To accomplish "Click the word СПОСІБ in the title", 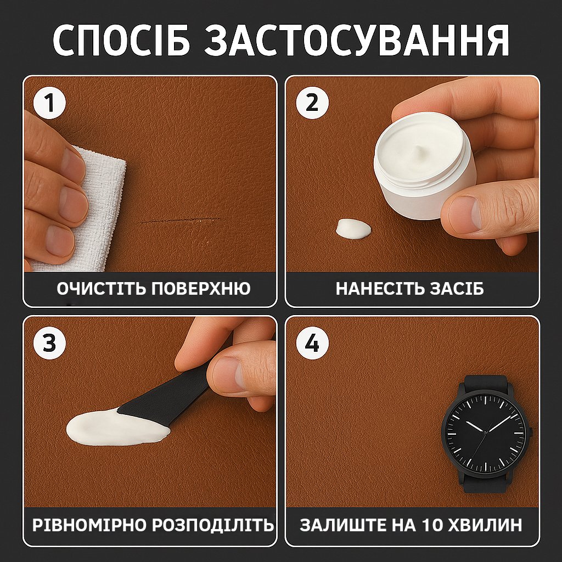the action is [x=121, y=40].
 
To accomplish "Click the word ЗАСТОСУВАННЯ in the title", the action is [x=357, y=40].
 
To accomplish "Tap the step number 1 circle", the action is [x=50, y=103].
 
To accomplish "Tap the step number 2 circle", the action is [x=312, y=103].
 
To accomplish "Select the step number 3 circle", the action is [x=50, y=343].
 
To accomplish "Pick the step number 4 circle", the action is [x=312, y=343].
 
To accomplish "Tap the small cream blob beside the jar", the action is [x=353, y=228].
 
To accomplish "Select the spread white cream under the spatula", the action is [x=115, y=428].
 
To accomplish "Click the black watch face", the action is [x=485, y=434].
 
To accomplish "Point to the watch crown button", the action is [x=531, y=432].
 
